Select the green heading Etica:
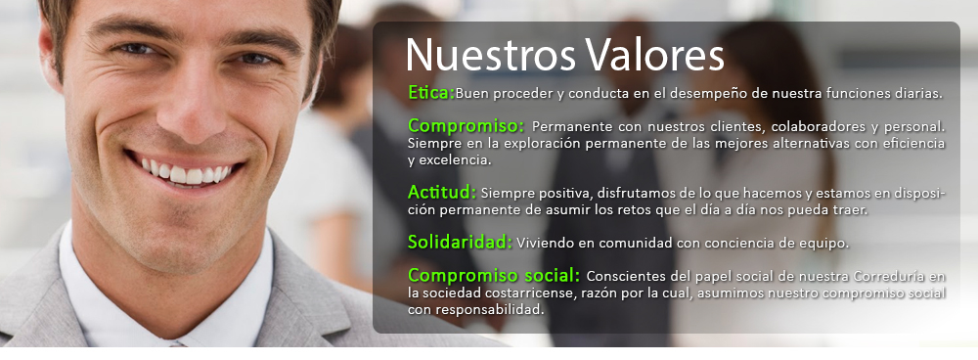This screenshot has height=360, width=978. coord(431,92)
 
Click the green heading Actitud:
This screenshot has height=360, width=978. coord(442,191)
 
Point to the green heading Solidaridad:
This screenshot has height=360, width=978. coord(461,242)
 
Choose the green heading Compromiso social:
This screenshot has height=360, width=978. coord(494,275)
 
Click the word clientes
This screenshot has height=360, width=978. coord(734,126)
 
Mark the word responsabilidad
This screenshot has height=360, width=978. coord(488,310)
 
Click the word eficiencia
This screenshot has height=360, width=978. coord(914,144)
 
